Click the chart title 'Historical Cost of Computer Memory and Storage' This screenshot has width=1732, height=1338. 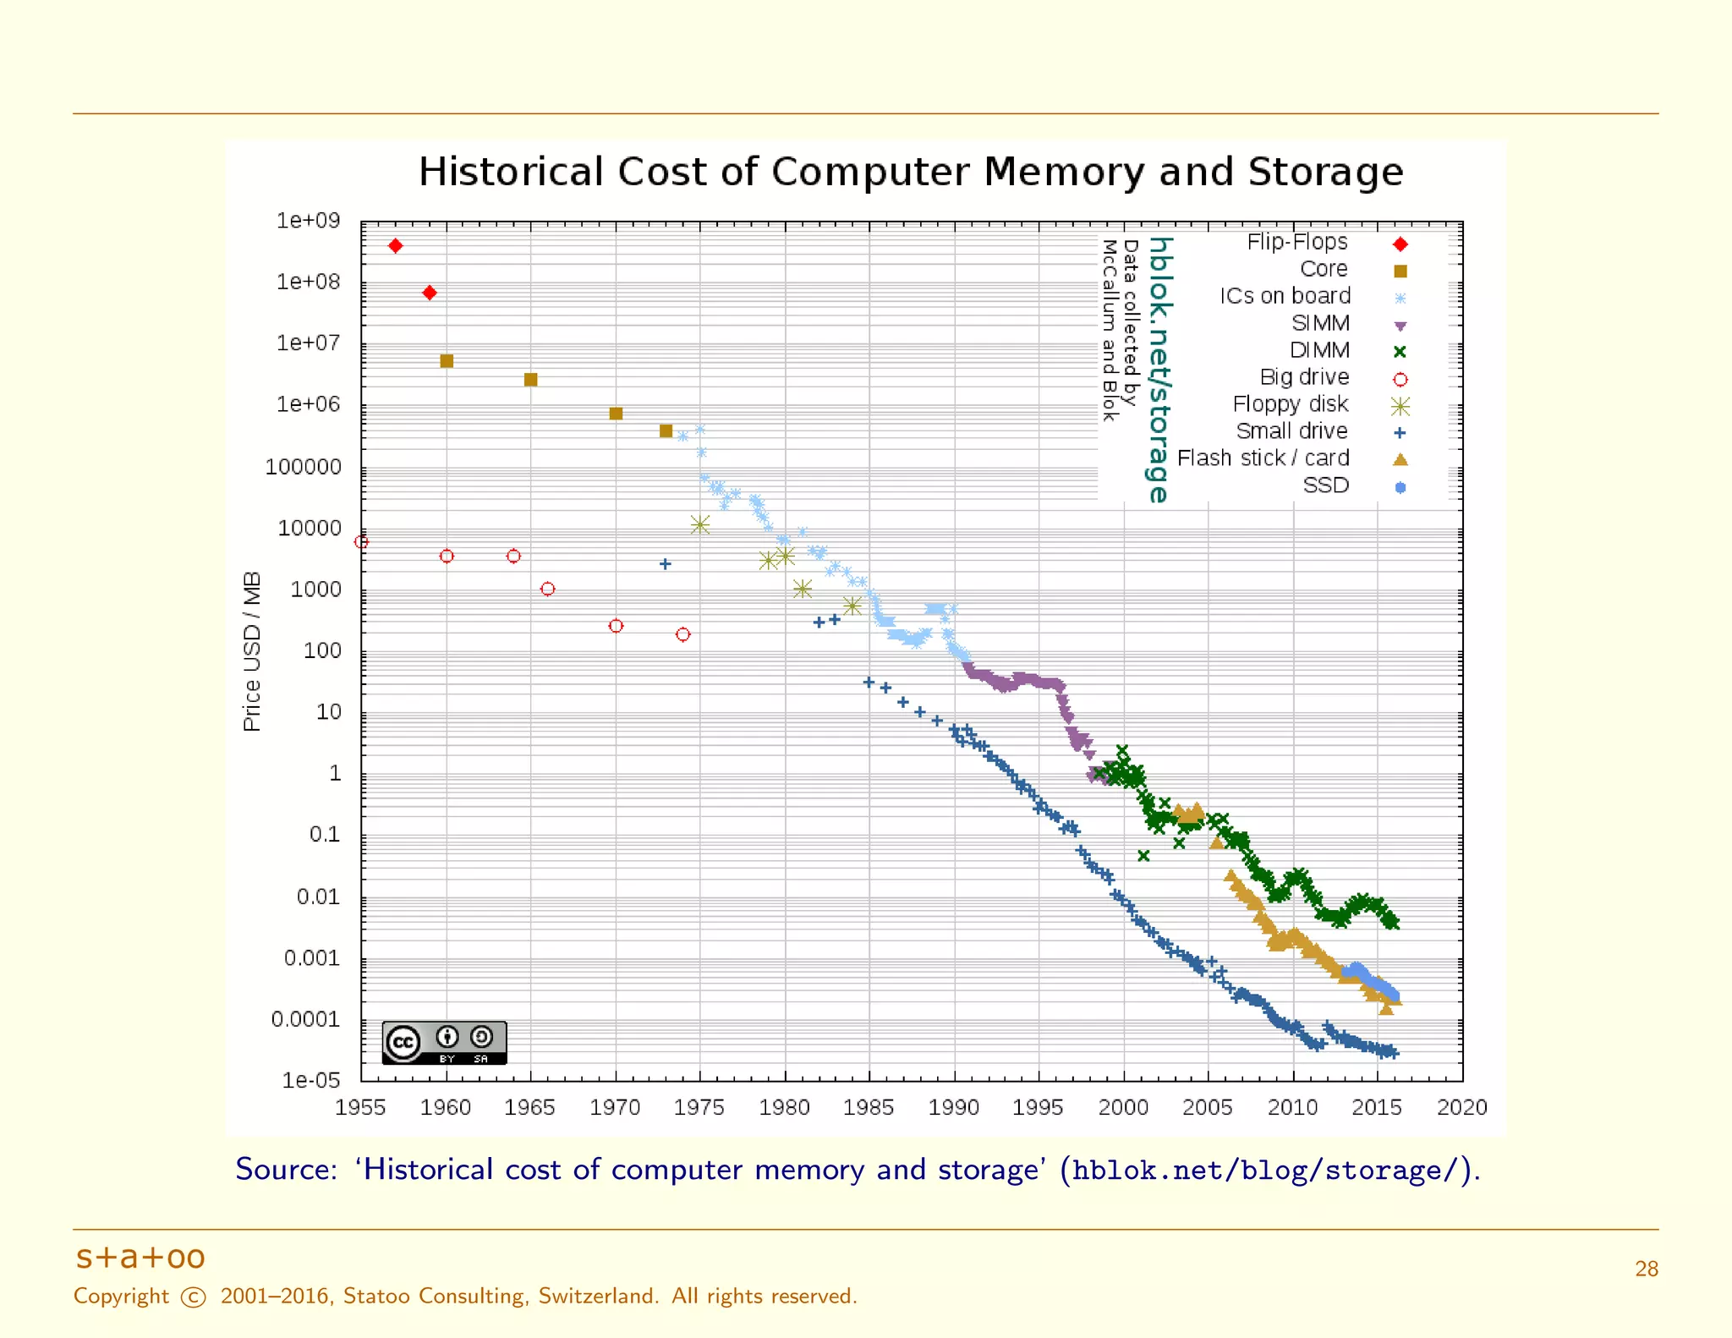click(911, 172)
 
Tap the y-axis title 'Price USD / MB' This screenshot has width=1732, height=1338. click(252, 651)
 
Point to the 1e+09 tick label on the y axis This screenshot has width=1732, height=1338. click(308, 221)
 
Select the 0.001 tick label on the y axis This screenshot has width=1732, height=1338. click(311, 958)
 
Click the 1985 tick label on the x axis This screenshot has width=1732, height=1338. click(868, 1107)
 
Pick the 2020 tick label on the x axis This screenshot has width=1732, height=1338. click(1461, 1107)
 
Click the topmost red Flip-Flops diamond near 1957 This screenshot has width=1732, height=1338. click(395, 246)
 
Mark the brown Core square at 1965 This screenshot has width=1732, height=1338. click(531, 380)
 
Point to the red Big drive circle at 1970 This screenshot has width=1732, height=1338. click(616, 626)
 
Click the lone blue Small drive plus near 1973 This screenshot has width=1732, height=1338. click(666, 564)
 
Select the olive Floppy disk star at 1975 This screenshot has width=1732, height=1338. click(699, 525)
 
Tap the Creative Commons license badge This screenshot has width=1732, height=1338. click(444, 1042)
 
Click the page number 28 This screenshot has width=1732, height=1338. click(1646, 1269)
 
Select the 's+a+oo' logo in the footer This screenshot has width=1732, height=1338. click(140, 1258)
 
